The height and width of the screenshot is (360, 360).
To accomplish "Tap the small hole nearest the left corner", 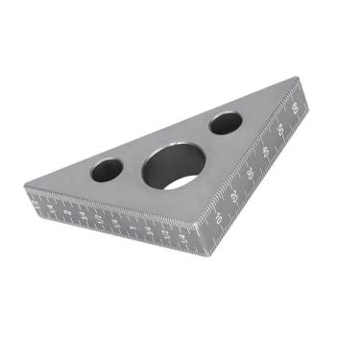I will pos(105,170).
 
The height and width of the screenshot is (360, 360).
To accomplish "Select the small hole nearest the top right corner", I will pos(227,123).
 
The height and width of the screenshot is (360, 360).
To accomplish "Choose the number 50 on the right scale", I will pos(279,127).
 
